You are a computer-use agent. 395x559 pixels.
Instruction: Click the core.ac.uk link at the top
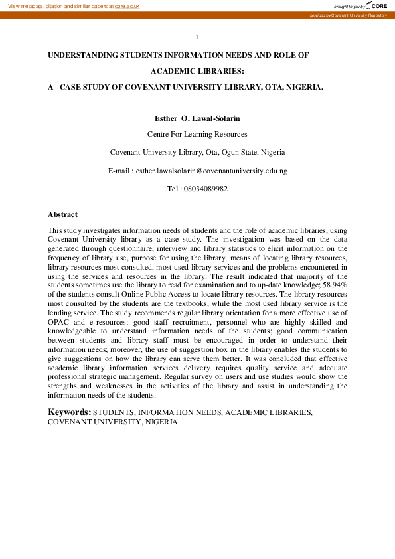127,5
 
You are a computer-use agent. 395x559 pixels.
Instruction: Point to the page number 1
197,37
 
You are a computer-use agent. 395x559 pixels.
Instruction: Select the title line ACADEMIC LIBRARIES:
197,71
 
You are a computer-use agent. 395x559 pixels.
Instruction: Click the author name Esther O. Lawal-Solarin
197,118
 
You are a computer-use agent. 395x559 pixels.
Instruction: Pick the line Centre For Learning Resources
197,134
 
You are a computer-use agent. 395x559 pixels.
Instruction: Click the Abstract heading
62,214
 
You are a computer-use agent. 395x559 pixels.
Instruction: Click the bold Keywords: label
69,412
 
